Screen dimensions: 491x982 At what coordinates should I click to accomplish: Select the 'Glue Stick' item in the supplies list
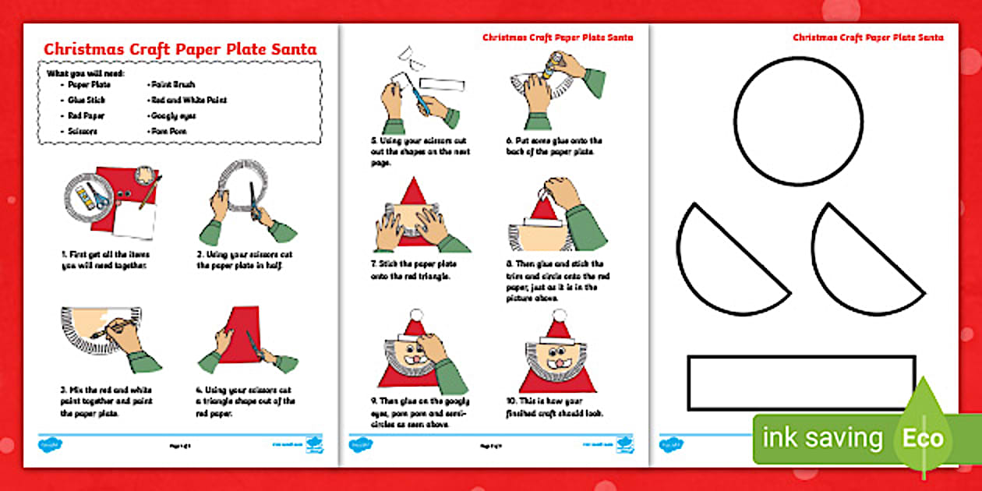point(86,101)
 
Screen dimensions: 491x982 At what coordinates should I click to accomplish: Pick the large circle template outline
point(798,121)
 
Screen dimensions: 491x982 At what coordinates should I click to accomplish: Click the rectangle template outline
point(801,383)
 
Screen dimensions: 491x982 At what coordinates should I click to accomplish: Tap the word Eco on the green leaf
point(924,437)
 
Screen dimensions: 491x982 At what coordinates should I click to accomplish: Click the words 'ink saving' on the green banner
point(822,438)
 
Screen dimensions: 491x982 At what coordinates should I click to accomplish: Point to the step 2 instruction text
point(242,260)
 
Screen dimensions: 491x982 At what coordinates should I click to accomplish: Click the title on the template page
point(867,37)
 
